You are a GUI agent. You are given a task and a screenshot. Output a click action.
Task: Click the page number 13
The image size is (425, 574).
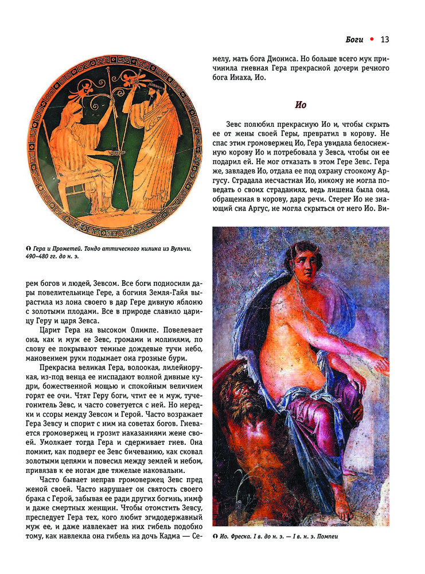coord(385,40)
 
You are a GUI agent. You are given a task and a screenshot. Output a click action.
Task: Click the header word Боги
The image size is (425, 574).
coord(355,40)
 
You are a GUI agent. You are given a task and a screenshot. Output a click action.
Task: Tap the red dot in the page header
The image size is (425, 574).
coord(372,39)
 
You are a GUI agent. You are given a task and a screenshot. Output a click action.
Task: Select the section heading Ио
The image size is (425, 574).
coord(301,105)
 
